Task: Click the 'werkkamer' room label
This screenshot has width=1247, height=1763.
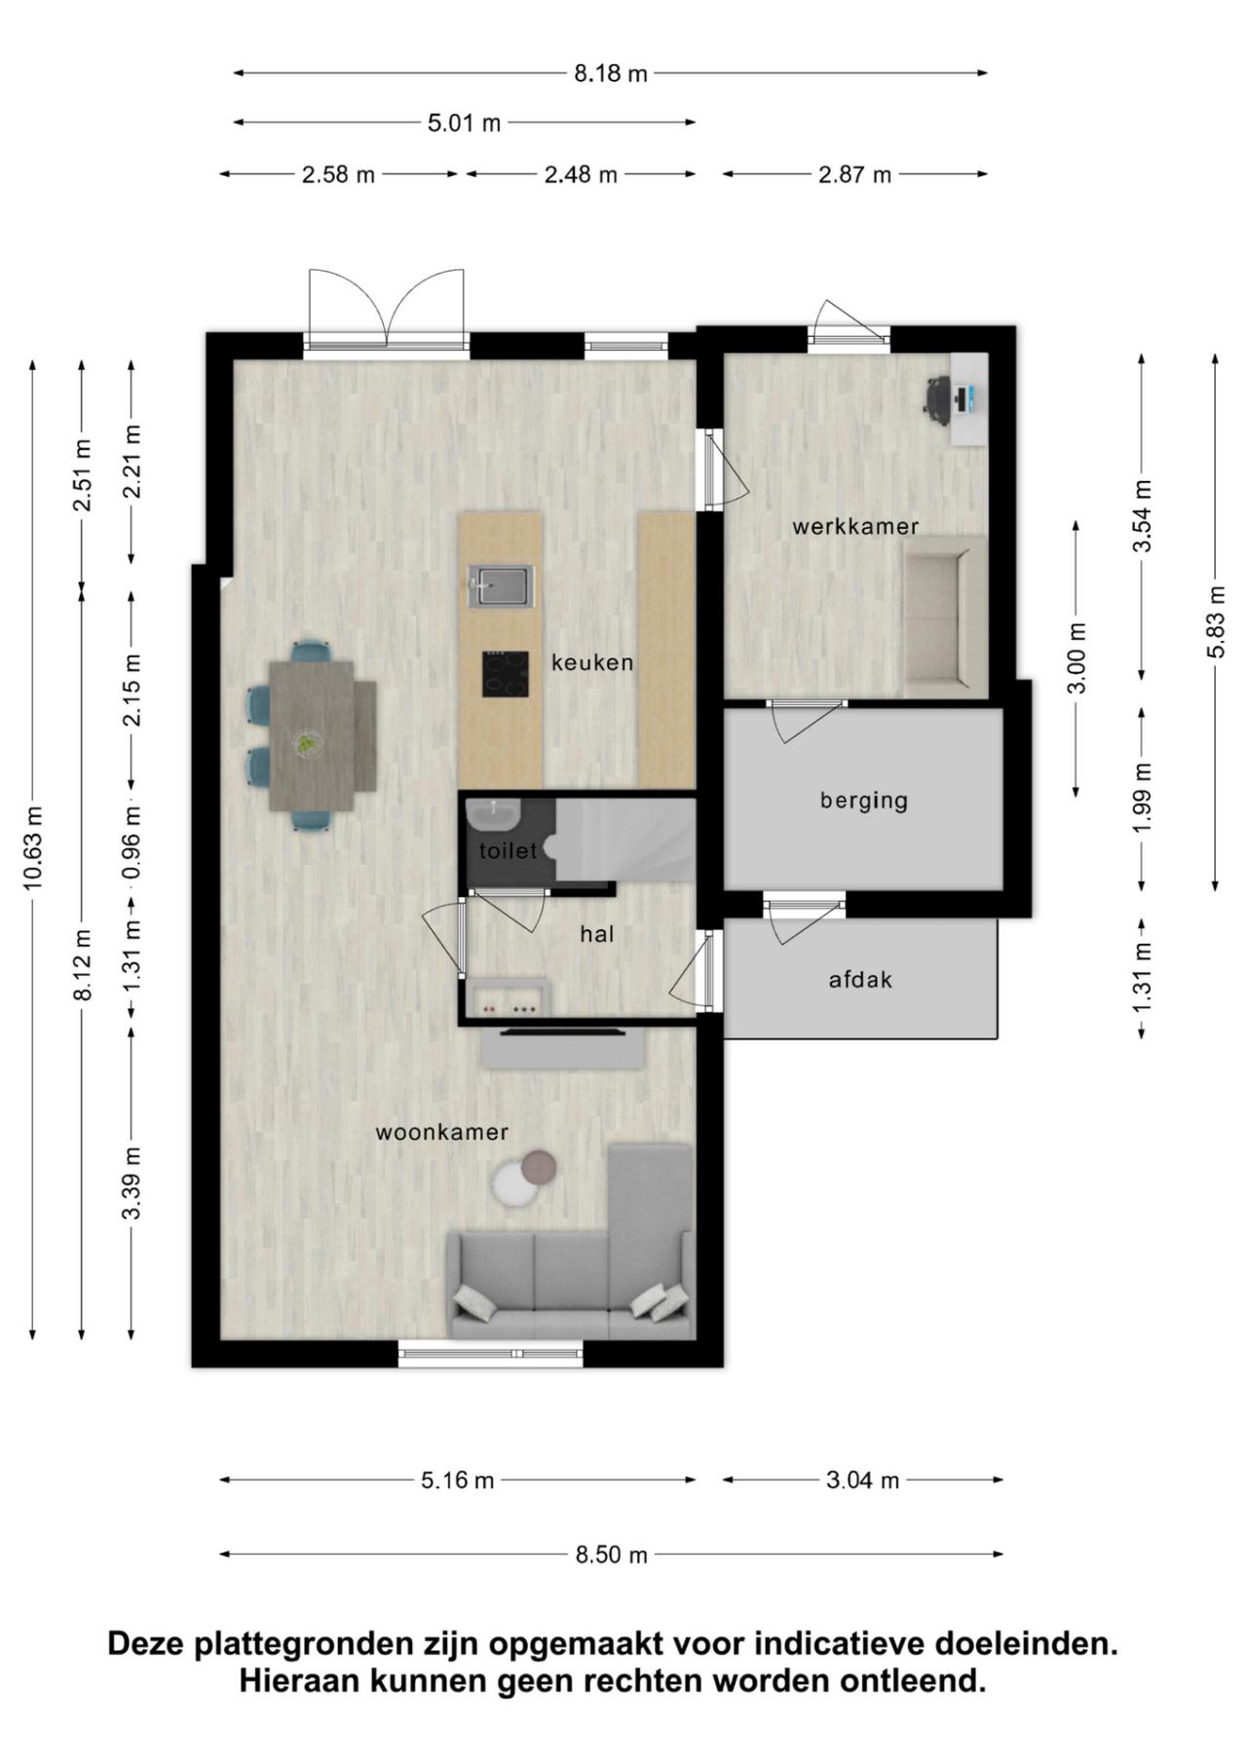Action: [855, 527]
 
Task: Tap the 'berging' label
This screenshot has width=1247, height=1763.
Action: [863, 801]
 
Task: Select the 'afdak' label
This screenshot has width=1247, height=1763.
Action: [860, 980]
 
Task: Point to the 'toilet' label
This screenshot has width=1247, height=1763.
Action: [508, 850]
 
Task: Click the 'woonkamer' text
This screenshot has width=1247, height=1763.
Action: [442, 1132]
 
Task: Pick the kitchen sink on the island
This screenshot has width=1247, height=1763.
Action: [501, 585]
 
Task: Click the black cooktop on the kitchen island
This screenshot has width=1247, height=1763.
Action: [506, 674]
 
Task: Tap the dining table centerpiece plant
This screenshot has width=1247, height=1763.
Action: [307, 744]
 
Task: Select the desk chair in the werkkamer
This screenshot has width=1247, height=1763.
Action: [938, 398]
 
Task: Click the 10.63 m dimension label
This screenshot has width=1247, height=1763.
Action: [33, 847]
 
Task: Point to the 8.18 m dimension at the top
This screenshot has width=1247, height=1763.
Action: [610, 73]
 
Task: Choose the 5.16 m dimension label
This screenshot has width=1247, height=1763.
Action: [458, 1481]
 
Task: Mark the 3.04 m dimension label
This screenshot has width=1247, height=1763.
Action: [862, 1481]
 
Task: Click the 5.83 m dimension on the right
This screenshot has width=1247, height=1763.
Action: [1215, 621]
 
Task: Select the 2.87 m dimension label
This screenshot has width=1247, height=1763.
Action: [854, 175]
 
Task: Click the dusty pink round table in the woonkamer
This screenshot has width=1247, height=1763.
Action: [539, 1165]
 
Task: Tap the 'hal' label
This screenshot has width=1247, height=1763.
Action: [597, 934]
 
